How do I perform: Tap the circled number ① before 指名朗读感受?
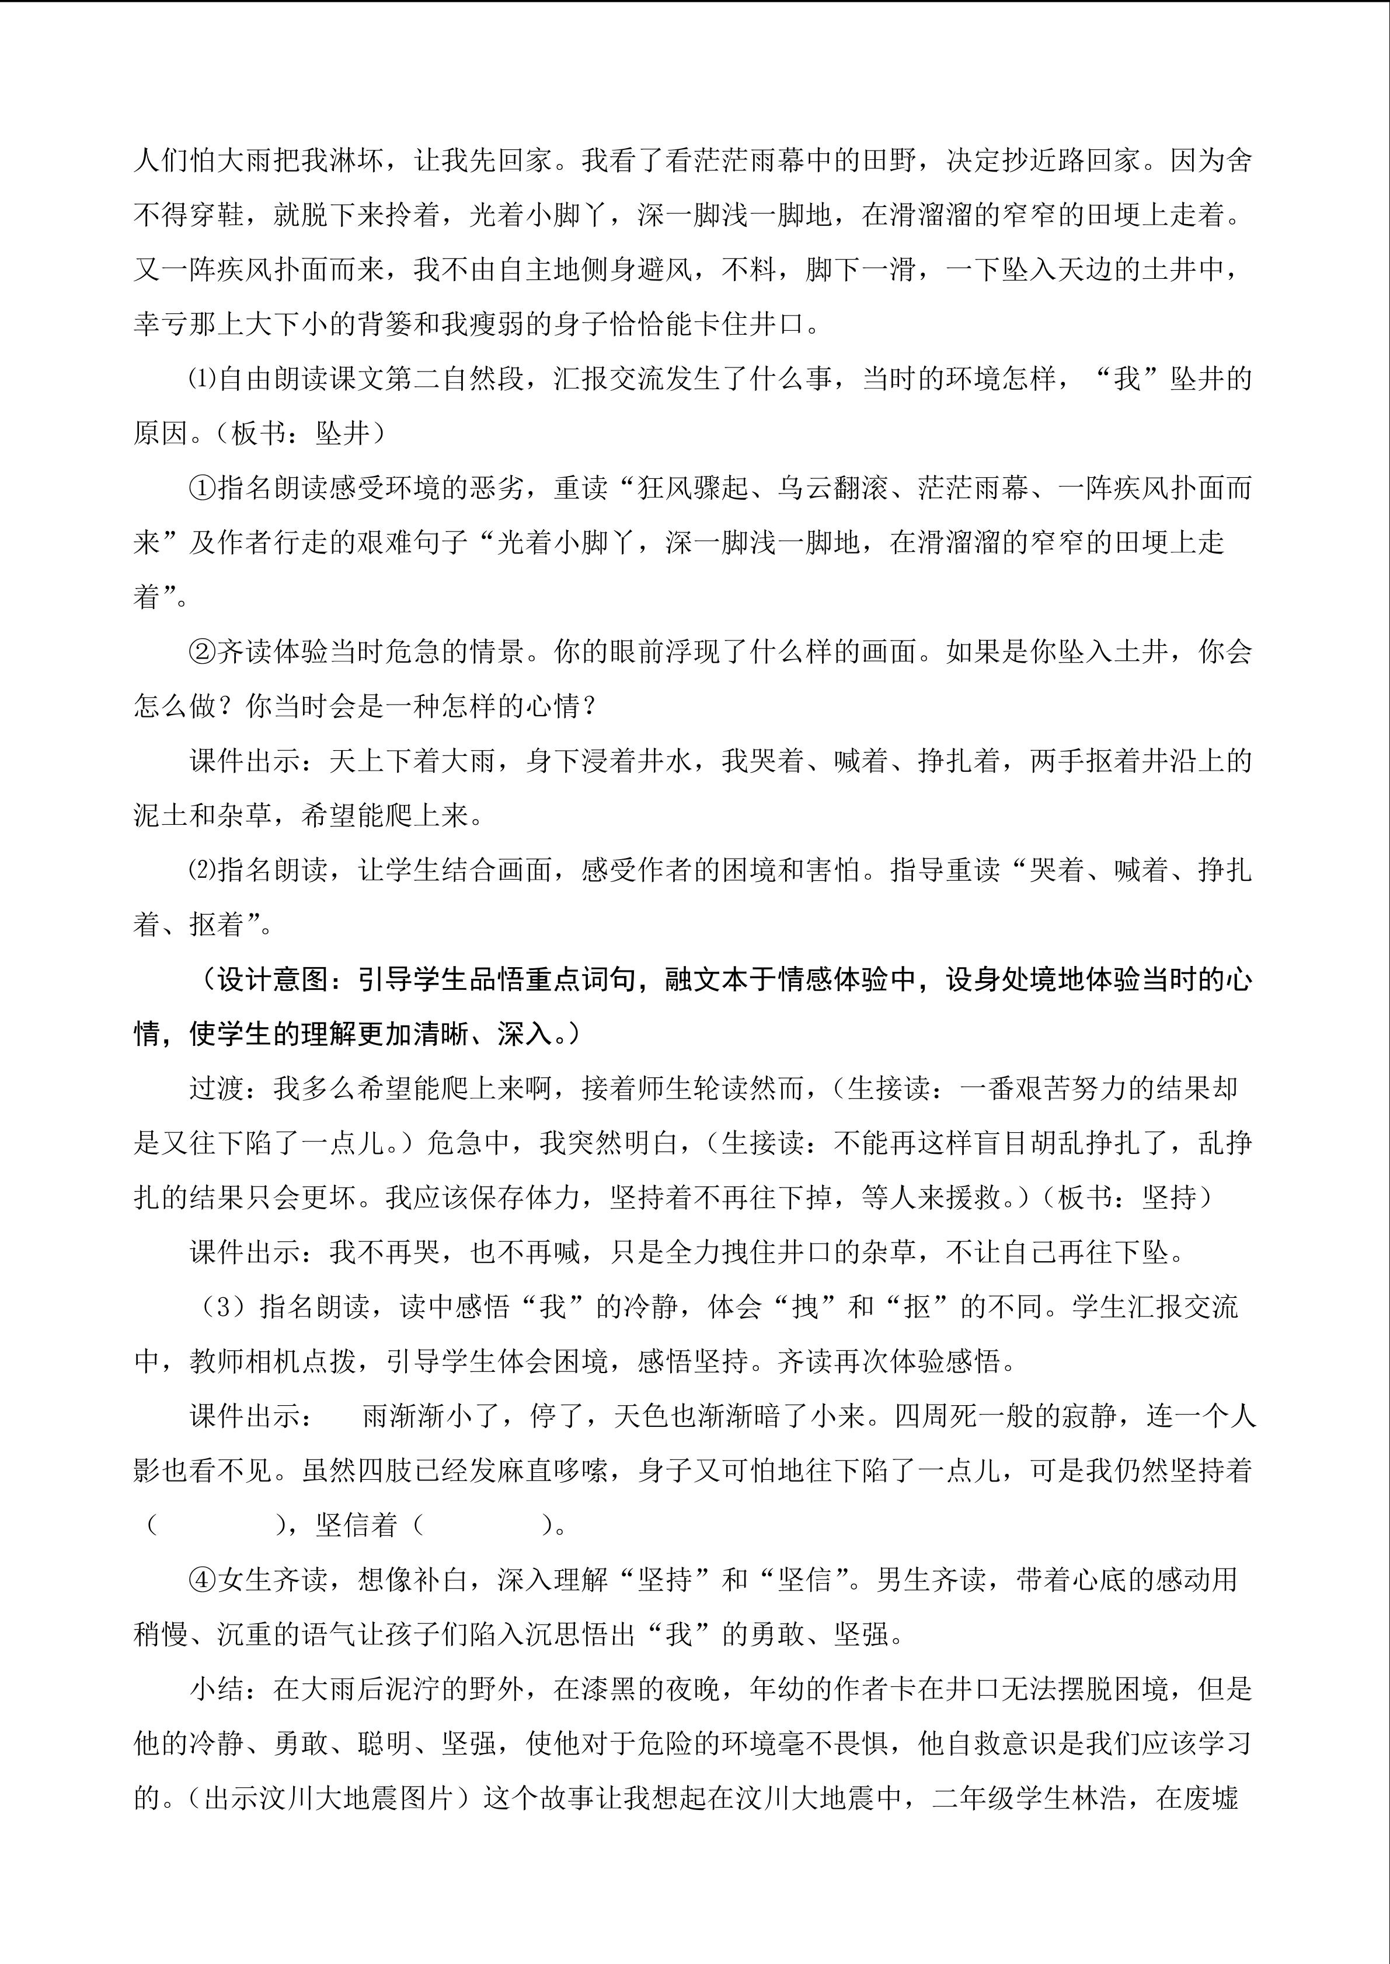[203, 488]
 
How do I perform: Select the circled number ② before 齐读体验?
[203, 652]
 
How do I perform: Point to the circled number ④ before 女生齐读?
[203, 1579]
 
